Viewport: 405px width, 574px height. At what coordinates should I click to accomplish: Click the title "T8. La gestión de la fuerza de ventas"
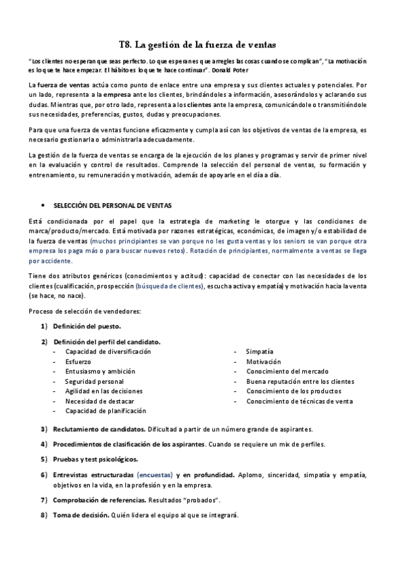197,45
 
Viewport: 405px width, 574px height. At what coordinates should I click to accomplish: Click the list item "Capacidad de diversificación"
108,352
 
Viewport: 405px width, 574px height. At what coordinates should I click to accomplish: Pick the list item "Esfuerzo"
78,361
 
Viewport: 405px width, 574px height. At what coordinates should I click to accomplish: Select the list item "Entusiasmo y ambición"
100,372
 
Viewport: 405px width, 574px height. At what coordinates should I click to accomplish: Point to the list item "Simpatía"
260,352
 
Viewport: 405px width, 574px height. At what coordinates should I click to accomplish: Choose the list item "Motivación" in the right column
263,361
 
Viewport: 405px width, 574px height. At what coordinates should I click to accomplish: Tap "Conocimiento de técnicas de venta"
300,401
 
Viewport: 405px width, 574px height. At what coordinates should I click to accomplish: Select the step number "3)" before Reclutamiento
43,429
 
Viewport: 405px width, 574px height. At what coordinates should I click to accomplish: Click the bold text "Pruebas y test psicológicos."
95,459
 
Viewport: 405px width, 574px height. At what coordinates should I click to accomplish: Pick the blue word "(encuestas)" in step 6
155,474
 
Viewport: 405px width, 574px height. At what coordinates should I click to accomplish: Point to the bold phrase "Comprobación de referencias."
99,500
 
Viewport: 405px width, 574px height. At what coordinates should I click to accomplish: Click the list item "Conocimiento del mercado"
287,372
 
